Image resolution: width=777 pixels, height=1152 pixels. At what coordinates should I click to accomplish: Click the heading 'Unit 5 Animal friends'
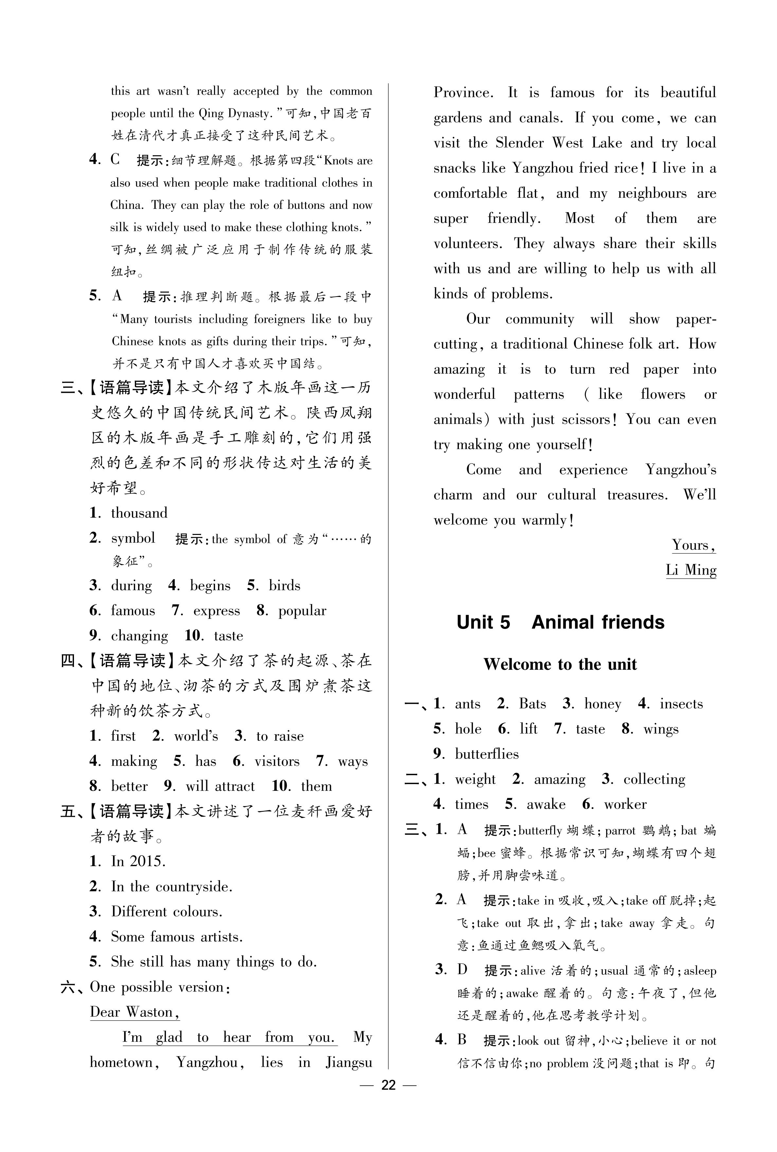point(560,622)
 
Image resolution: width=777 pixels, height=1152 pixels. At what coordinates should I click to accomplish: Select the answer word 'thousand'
point(139,513)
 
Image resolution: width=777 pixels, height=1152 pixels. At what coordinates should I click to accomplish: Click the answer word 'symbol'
point(133,538)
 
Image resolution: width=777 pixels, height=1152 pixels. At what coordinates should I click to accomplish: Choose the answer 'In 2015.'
point(138,861)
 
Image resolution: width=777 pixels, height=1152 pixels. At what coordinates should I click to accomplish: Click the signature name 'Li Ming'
point(691,570)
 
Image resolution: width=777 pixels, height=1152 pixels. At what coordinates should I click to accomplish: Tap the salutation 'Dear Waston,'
point(134,1012)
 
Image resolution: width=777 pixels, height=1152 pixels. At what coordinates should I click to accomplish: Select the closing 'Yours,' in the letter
point(693,545)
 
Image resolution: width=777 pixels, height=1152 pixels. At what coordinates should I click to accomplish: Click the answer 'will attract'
point(220,786)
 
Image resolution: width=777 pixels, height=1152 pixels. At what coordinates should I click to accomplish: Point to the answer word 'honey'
point(603,704)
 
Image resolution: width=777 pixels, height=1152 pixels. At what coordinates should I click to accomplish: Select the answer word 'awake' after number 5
point(546,804)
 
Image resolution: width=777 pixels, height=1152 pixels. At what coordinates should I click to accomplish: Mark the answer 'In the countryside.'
point(172,887)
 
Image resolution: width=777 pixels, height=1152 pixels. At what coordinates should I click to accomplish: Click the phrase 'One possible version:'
point(160,987)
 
